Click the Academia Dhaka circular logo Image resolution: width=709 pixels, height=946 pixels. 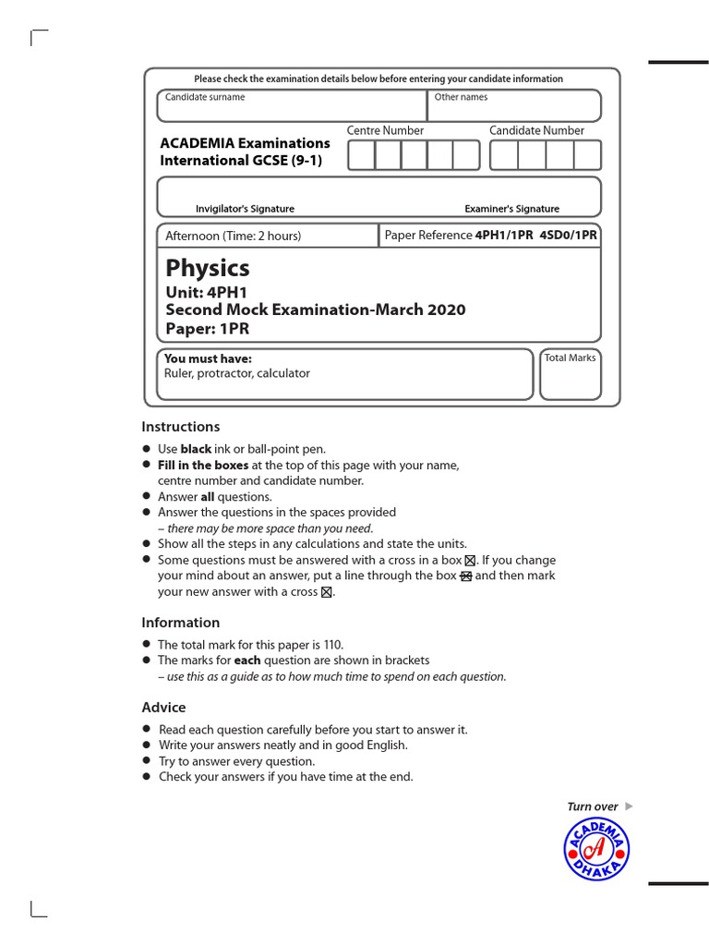click(x=596, y=849)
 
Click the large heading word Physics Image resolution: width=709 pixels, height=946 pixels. click(x=208, y=269)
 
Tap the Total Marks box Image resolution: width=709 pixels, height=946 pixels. click(x=570, y=374)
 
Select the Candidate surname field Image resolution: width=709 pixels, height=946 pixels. click(x=291, y=106)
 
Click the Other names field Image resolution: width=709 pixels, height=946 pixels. click(x=513, y=106)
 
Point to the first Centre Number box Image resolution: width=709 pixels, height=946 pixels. click(x=361, y=155)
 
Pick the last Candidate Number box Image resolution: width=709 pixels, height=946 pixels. click(x=587, y=155)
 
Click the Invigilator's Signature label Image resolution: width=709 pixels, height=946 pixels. click(x=245, y=209)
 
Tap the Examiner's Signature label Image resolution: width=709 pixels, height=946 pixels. click(x=511, y=209)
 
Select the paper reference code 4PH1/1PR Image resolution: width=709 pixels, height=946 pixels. click(x=504, y=236)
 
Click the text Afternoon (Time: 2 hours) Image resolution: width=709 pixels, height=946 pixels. click(x=233, y=236)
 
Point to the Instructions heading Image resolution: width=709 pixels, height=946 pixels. click(x=180, y=427)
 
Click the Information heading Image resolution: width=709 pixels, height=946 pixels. click(x=180, y=623)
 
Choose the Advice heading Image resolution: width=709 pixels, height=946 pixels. click(x=163, y=708)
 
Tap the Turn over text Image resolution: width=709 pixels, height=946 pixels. click(x=593, y=807)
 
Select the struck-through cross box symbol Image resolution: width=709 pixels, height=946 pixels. click(x=466, y=576)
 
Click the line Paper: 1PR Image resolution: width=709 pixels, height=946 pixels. click(x=207, y=329)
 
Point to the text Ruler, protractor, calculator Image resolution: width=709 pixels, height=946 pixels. click(x=236, y=373)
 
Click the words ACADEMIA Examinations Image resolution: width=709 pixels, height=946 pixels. click(x=245, y=143)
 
